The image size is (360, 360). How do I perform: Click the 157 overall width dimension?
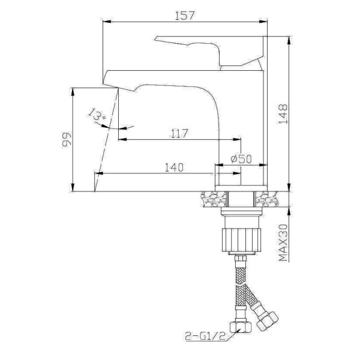[x=185, y=16]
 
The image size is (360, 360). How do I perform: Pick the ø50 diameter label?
[x=241, y=160]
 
